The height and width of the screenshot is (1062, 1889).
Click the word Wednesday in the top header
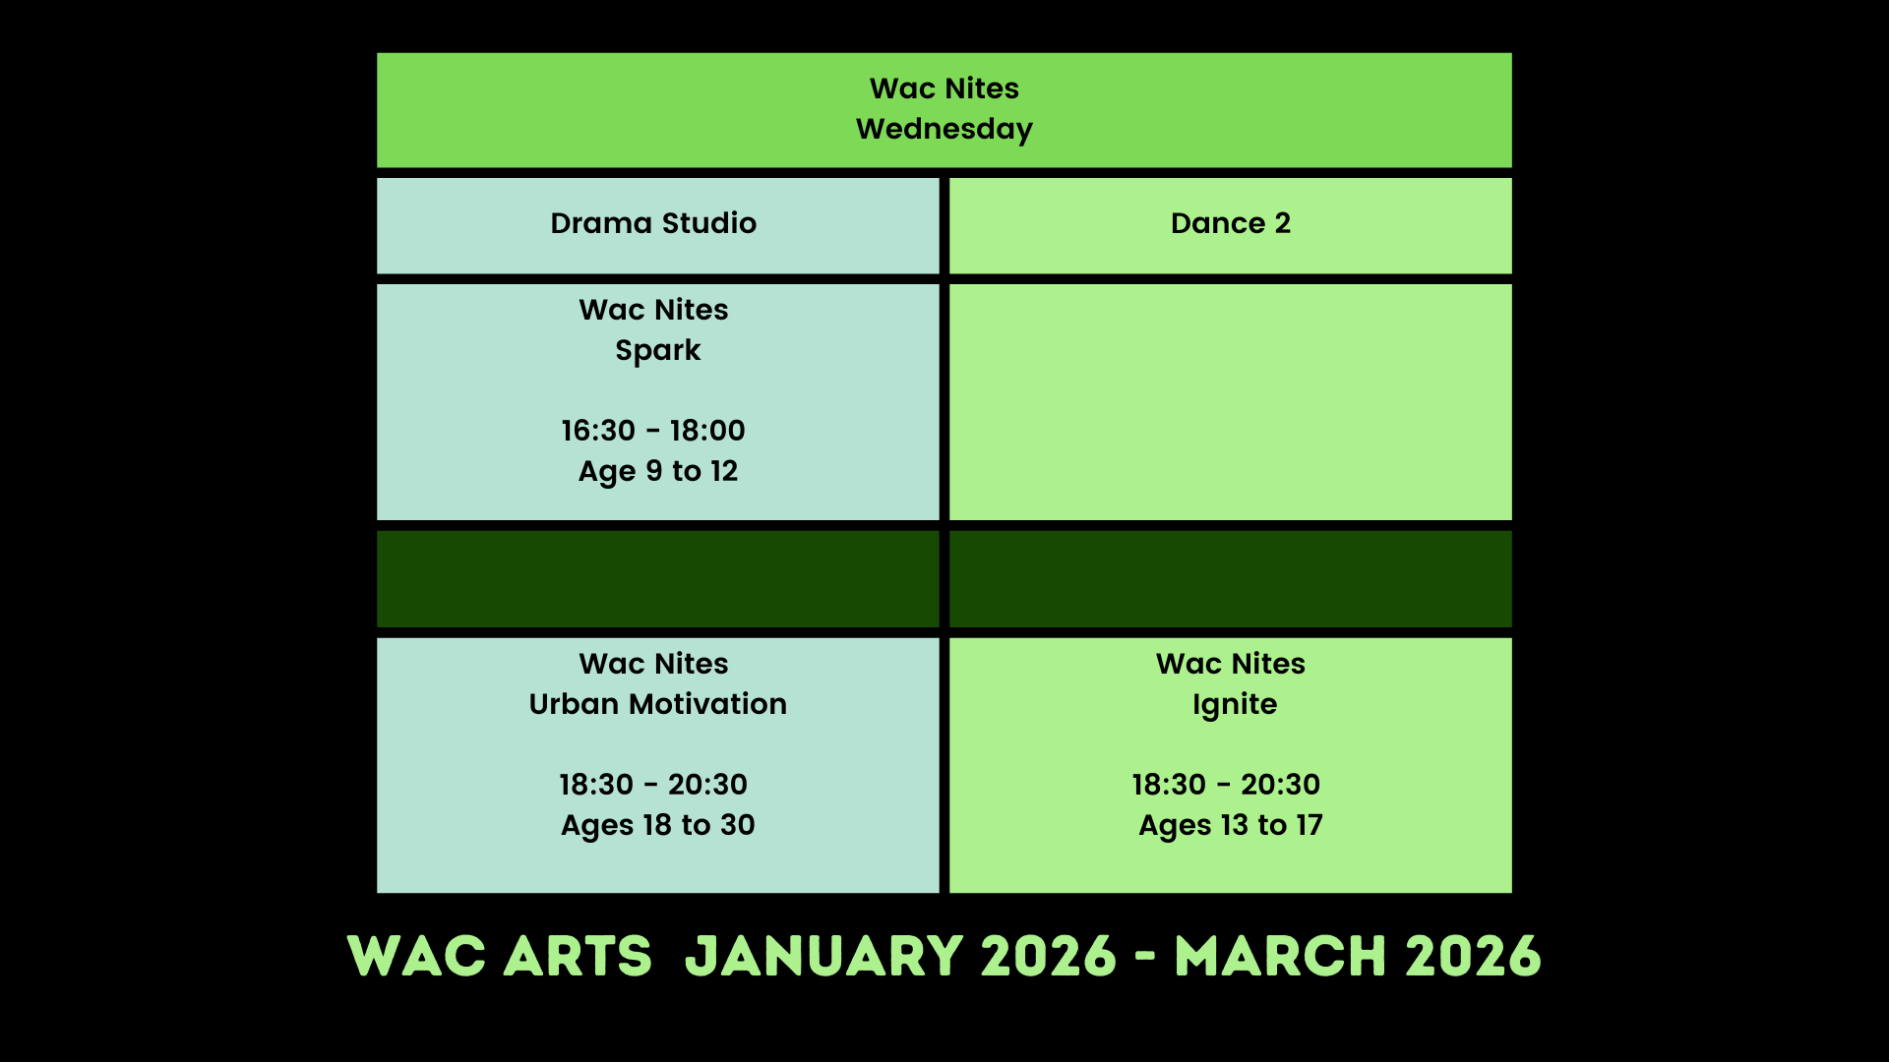(944, 130)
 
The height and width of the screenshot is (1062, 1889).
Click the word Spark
(657, 351)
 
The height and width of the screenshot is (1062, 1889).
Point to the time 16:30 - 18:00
(653, 431)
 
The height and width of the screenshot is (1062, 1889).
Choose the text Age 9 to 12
(657, 472)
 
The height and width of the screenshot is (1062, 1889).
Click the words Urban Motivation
(657, 704)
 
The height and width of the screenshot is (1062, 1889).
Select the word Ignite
(1235, 705)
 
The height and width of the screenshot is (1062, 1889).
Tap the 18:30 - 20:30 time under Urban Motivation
(653, 785)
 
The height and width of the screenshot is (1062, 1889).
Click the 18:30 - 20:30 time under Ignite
(1226, 785)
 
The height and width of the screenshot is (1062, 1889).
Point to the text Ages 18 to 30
(657, 826)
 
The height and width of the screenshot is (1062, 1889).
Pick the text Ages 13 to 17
(1231, 826)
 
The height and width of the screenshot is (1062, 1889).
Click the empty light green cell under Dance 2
(1231, 402)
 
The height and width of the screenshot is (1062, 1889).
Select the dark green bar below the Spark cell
(657, 579)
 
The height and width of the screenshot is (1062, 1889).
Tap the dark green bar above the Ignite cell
(1231, 579)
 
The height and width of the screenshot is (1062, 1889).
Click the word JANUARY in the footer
(823, 957)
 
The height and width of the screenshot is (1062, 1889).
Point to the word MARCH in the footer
(1281, 957)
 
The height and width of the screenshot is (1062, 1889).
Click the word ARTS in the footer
(578, 957)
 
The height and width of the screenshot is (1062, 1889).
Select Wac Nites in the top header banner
(944, 88)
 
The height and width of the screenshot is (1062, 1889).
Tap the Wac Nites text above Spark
(653, 310)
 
